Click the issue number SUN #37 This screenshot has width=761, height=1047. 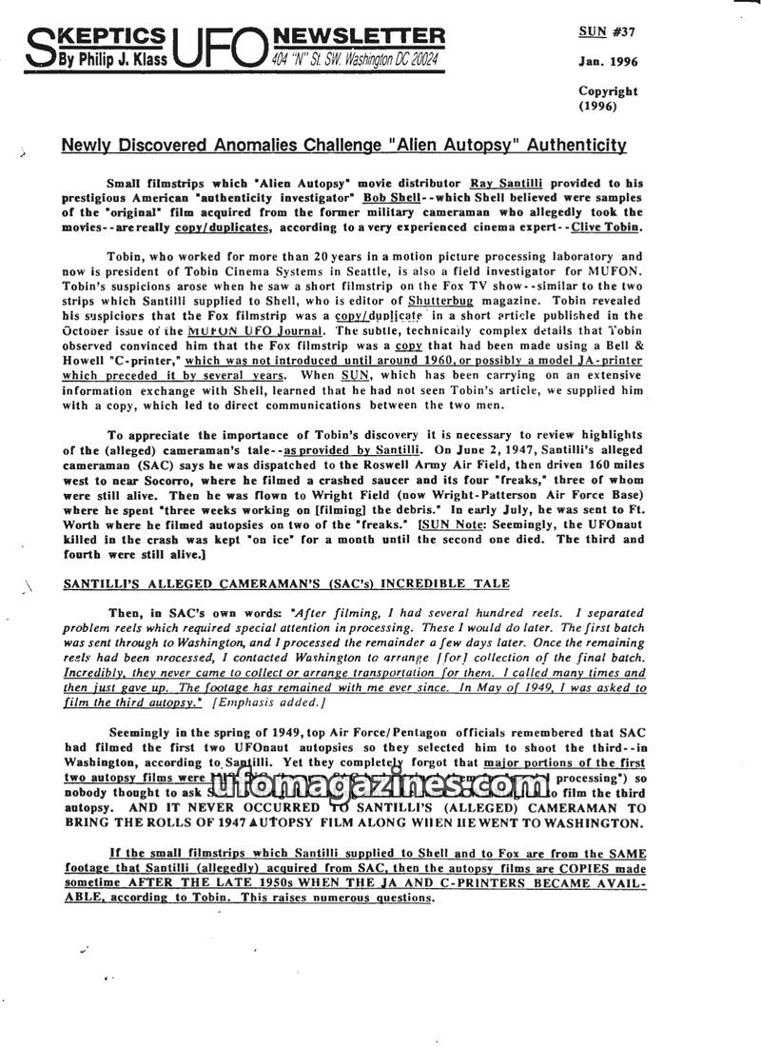click(607, 31)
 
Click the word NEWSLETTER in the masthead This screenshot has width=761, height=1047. click(359, 36)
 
